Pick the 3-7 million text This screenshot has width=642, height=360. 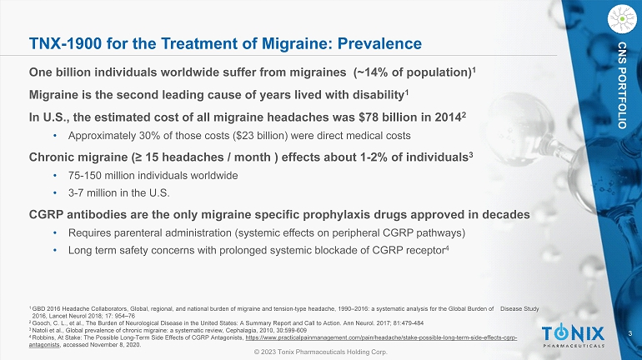point(88,194)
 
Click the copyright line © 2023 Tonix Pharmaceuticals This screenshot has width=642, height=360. point(321,352)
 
